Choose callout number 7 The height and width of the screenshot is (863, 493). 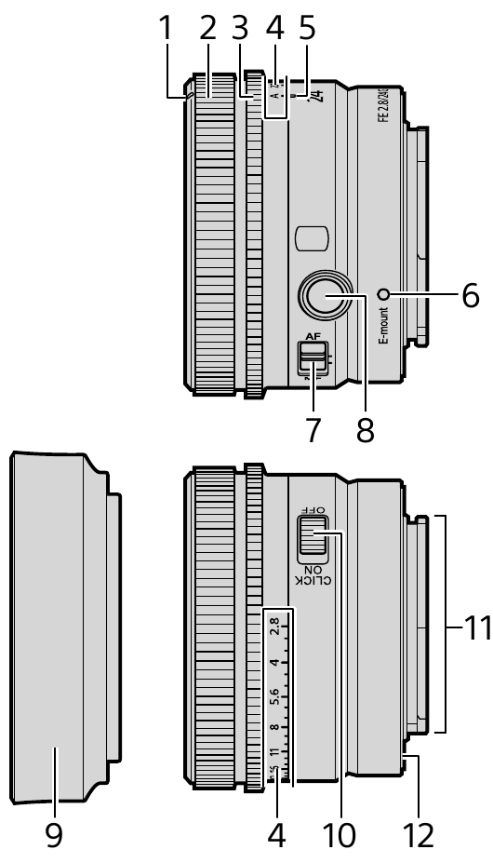(x=313, y=431)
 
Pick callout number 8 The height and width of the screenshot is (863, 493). (x=366, y=431)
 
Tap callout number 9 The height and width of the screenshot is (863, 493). (x=55, y=835)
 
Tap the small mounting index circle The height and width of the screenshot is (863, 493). (x=382, y=295)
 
